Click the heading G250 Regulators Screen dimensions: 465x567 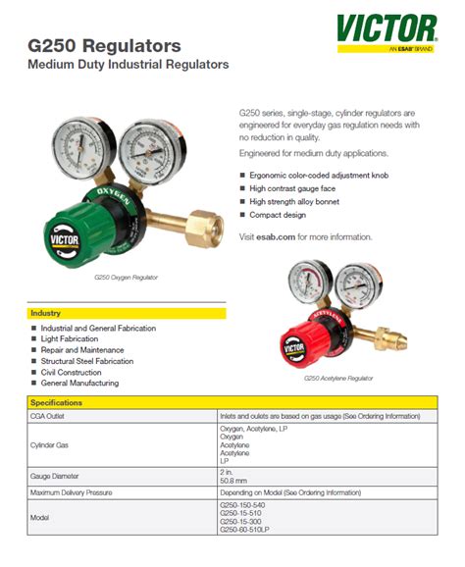[x=106, y=45]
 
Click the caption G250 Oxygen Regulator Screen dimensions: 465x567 [x=126, y=278]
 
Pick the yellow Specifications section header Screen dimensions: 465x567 [x=232, y=402]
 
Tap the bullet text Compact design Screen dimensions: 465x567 [x=278, y=215]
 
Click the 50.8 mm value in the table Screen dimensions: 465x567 [x=232, y=480]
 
